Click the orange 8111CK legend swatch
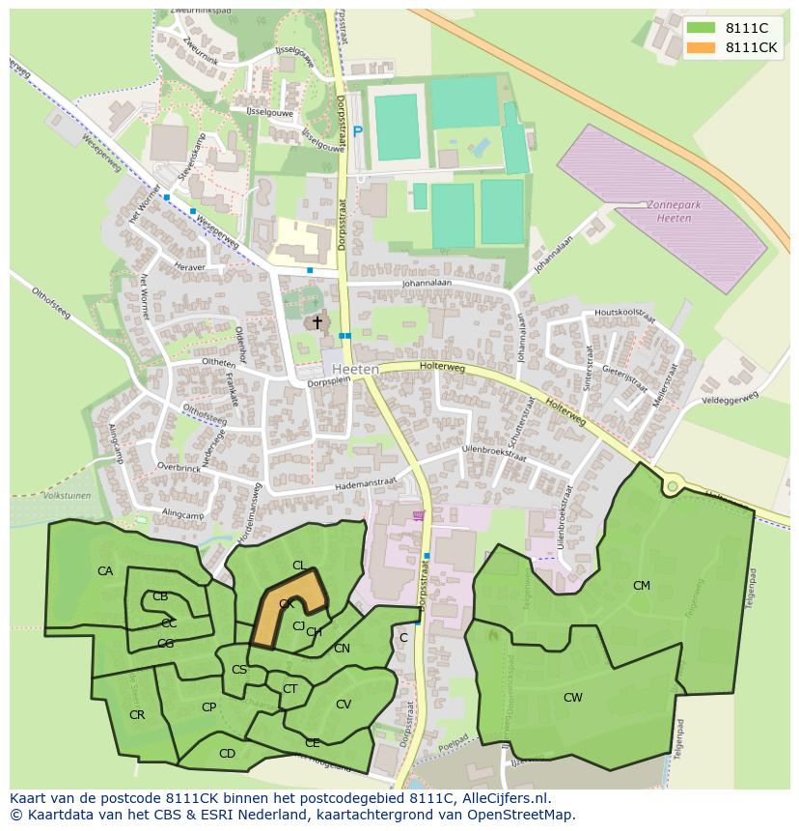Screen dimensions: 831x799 click(x=702, y=47)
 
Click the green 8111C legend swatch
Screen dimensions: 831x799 click(x=702, y=28)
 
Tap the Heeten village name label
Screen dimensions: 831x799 click(x=354, y=370)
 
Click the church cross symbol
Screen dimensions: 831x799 click(x=317, y=322)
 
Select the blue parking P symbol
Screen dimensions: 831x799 click(x=358, y=132)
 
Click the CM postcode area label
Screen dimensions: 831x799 click(x=641, y=586)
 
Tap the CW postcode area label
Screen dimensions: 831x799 click(x=573, y=697)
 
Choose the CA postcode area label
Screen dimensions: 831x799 click(x=105, y=571)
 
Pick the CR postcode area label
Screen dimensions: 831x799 click(x=136, y=715)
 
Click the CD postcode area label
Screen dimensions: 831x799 click(x=227, y=754)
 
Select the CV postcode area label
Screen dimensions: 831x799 click(x=344, y=705)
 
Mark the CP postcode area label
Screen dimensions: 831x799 click(x=208, y=707)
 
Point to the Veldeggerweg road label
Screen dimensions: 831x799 click(x=730, y=398)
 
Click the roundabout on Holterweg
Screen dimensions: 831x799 click(x=672, y=486)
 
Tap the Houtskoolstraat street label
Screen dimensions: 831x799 click(x=625, y=313)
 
